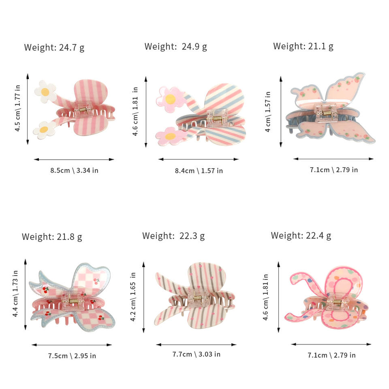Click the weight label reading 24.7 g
click(54, 47)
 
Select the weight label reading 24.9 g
click(175, 47)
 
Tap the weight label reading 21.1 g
click(303, 46)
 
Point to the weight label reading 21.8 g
click(52, 237)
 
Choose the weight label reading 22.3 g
click(173, 236)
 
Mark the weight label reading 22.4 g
click(301, 235)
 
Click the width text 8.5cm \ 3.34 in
click(74, 170)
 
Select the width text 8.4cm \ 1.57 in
click(199, 171)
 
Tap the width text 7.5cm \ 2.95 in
click(72, 356)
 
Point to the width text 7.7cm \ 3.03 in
click(197, 354)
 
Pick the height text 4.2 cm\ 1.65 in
click(133, 297)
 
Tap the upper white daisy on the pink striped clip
click(45, 91)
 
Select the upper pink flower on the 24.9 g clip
click(169, 97)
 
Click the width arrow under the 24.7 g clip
click(74, 160)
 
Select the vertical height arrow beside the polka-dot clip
click(279, 296)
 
